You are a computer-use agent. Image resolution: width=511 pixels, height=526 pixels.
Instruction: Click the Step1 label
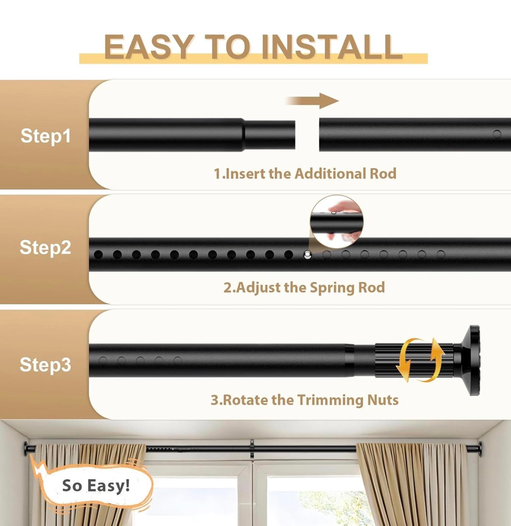(45, 135)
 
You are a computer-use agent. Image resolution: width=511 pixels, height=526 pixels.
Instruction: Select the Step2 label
(45, 247)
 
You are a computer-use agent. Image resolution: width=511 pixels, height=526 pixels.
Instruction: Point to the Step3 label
(45, 364)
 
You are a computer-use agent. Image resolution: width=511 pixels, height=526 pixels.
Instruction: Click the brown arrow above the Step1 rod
(313, 101)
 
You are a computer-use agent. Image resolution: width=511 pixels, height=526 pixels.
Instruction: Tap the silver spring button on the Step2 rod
(307, 255)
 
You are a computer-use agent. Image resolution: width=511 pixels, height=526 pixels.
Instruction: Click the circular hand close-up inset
(336, 221)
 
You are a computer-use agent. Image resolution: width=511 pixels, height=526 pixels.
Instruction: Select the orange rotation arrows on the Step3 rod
(420, 360)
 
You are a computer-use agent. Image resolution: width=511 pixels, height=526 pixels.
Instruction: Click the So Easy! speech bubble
(96, 486)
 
